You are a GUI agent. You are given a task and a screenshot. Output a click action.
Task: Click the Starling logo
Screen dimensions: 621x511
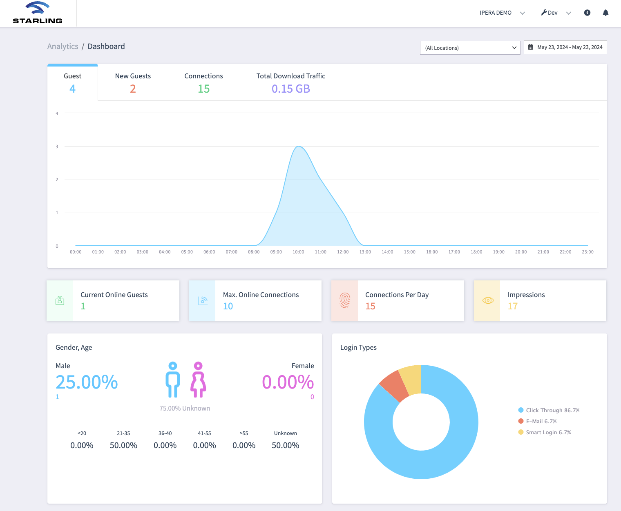[x=38, y=13]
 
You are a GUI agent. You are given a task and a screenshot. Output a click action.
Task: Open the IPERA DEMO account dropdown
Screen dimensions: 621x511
[x=502, y=13]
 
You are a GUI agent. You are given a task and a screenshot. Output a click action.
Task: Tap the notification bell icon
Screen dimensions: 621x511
[x=605, y=13]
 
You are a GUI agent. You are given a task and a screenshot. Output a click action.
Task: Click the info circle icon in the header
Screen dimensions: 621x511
[x=587, y=13]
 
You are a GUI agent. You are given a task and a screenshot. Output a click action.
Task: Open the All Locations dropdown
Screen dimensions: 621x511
[x=470, y=48]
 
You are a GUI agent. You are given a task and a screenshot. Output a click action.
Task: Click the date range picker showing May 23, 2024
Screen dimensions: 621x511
[x=565, y=47]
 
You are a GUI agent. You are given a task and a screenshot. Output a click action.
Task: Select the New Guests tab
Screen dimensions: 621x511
[x=133, y=82]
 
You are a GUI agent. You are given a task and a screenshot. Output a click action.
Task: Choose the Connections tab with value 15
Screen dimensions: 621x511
[x=203, y=82]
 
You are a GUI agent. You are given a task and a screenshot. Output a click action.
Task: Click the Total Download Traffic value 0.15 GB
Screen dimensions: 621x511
[x=291, y=89]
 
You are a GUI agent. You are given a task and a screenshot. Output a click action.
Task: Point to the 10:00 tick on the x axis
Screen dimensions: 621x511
[x=298, y=252]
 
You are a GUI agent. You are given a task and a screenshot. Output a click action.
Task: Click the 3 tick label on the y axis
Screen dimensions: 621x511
[x=57, y=147]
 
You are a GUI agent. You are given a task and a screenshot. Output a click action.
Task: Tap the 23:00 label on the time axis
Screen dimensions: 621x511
[x=587, y=252]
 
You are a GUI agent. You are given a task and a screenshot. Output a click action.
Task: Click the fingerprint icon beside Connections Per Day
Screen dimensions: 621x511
[x=345, y=300]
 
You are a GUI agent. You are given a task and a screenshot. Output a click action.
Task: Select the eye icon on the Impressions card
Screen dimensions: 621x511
[x=488, y=300]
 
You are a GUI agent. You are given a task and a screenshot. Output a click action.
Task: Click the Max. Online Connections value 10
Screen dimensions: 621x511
[x=228, y=306]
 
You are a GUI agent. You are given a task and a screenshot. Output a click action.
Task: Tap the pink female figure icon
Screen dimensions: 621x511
[x=198, y=380]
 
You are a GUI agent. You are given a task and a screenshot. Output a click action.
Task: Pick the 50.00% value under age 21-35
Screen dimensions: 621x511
[x=123, y=445]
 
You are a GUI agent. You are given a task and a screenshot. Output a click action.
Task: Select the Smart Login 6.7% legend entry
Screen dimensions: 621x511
[x=545, y=432]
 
